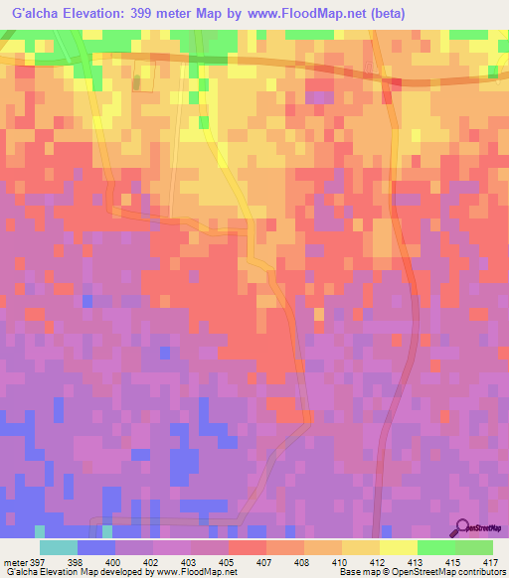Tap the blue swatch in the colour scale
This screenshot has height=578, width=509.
(96, 547)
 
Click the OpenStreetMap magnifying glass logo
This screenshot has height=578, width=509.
(464, 527)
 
